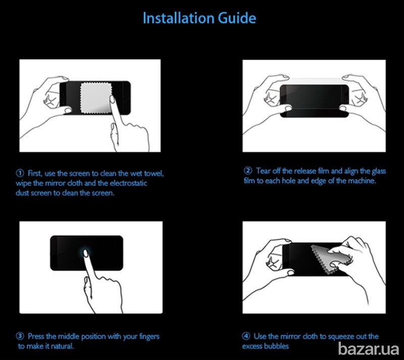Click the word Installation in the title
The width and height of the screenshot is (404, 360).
pos(178,18)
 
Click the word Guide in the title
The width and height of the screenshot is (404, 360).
pos(237,18)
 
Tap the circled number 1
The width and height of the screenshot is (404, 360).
pos(20,173)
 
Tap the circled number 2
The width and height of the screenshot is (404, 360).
pos(248,171)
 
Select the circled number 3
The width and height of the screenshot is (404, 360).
pos(20,336)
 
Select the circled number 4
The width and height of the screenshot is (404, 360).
pos(246,336)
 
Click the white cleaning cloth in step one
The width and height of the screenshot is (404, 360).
pos(96,98)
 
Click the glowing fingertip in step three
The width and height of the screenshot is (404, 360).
pos(86,253)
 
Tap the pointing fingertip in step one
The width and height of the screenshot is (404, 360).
pos(112,99)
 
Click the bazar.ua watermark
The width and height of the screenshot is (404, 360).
pos(369,349)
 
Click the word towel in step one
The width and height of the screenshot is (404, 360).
pos(154,173)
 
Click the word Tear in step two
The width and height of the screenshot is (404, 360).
pos(263,171)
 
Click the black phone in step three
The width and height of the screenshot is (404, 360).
pos(86,253)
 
